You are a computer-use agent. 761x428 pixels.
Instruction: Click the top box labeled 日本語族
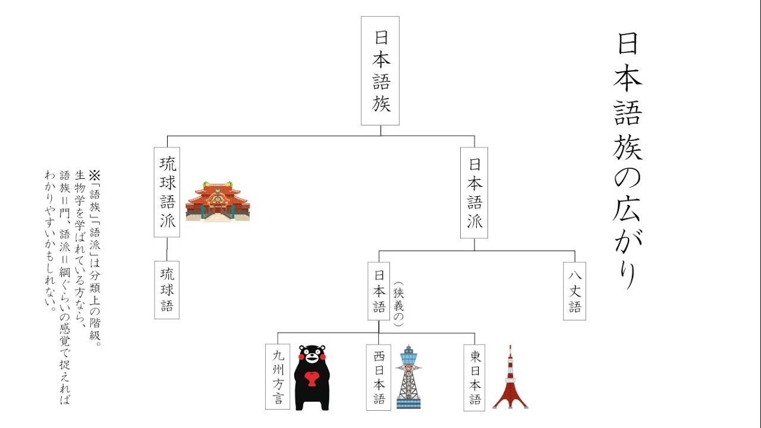[380, 70]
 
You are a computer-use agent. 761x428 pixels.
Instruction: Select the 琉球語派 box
[167, 192]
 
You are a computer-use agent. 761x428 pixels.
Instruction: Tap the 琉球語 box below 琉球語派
[167, 289]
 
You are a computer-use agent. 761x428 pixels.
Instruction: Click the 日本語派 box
[474, 192]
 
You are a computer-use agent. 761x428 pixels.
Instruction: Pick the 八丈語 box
[574, 291]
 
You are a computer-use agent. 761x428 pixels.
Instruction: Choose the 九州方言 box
[278, 377]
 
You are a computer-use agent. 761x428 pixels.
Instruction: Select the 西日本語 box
[379, 377]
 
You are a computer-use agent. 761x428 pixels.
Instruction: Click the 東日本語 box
[474, 377]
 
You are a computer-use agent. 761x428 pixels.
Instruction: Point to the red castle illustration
[218, 202]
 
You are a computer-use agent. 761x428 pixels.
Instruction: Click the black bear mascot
[312, 377]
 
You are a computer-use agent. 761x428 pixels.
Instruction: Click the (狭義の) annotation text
[398, 304]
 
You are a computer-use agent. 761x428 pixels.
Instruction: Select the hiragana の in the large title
[628, 178]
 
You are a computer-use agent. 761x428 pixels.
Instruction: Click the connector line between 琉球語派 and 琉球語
[167, 249]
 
